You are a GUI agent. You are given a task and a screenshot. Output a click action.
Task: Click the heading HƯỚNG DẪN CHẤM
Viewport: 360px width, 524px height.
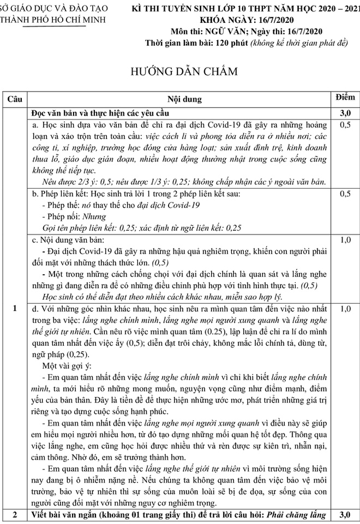pyautogui.click(x=179, y=71)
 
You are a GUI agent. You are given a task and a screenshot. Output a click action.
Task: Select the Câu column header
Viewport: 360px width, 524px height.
pyautogui.click(x=14, y=99)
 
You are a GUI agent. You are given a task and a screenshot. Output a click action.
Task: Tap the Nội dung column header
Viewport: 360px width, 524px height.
pyautogui.click(x=183, y=99)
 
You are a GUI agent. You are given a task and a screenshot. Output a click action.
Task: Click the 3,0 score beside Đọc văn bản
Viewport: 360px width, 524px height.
pyautogui.click(x=345, y=113)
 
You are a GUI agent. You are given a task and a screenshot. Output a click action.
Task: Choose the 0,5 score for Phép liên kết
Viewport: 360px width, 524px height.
pyautogui.click(x=345, y=194)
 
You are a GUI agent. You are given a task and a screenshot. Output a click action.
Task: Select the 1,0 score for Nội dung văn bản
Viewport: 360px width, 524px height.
pyautogui.click(x=345, y=239)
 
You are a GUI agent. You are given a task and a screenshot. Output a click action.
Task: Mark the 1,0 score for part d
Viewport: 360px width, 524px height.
pyautogui.click(x=345, y=309)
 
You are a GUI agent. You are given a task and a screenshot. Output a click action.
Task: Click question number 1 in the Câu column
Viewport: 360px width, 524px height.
pyautogui.click(x=14, y=309)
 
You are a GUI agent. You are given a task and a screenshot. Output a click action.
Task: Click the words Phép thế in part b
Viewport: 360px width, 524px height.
pyautogui.click(x=61, y=205)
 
